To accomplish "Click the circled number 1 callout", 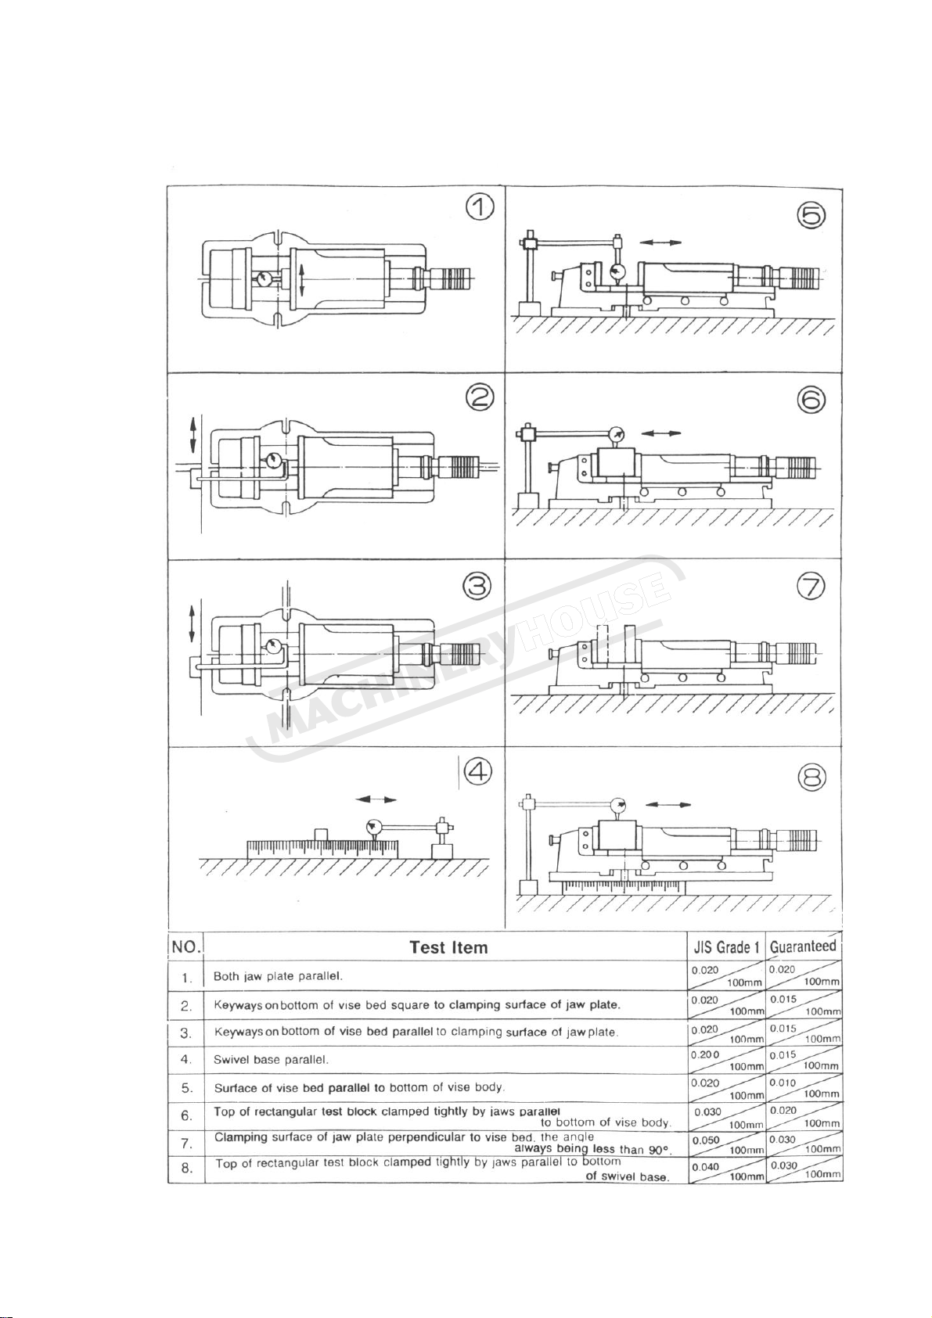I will [x=479, y=210].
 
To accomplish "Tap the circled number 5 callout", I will [x=811, y=215].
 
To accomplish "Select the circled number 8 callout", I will [x=811, y=777].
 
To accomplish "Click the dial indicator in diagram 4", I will [x=372, y=826].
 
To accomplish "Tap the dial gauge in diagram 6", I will [x=618, y=434].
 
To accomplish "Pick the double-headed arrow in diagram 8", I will [x=670, y=803].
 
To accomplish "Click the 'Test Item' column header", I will [x=448, y=948].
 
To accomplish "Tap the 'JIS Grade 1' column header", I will [x=727, y=948].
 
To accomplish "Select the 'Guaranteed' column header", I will [x=803, y=946].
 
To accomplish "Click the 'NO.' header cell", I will [x=186, y=946].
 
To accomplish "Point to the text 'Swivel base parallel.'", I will [x=271, y=1060].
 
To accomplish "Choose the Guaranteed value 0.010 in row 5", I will [x=783, y=1083].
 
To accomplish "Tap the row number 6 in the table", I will [x=186, y=1116].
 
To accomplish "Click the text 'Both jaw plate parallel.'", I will [x=279, y=976].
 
